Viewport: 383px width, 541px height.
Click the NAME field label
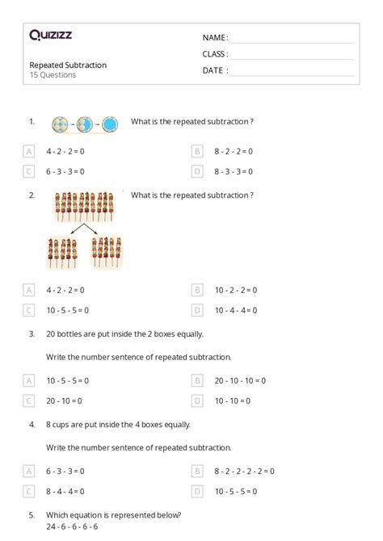(215, 37)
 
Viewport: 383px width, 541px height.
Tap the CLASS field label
(215, 54)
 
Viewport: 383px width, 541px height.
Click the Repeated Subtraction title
(68, 65)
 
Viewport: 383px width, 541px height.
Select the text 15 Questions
(53, 75)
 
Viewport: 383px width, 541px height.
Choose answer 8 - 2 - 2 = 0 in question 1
(234, 151)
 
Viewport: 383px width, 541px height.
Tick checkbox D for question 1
(196, 171)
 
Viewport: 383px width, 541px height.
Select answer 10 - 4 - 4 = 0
(236, 310)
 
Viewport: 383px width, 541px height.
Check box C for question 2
(29, 310)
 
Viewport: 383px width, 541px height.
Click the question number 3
(32, 333)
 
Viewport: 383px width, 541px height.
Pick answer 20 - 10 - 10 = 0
(240, 380)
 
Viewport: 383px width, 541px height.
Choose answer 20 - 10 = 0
(67, 401)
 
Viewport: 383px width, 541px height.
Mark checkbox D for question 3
(196, 401)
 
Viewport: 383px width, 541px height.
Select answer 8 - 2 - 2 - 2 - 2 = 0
(244, 471)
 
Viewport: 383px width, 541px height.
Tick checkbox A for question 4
(29, 471)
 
